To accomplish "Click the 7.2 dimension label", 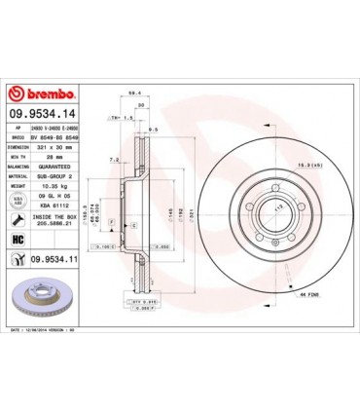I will [114, 158].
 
